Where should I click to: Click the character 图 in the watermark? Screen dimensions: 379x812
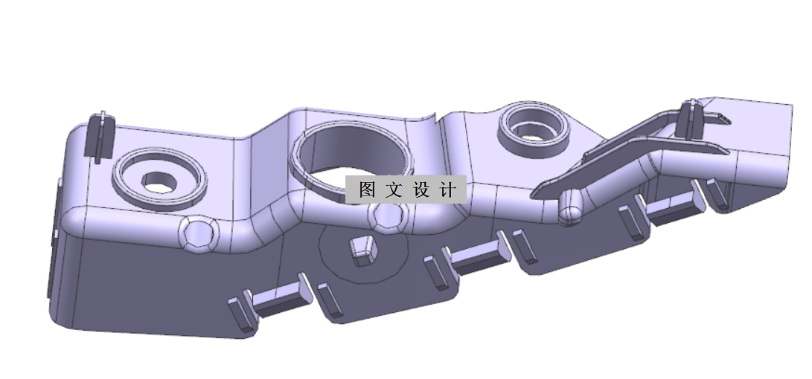[366, 189]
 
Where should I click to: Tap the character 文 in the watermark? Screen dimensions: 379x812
[394, 189]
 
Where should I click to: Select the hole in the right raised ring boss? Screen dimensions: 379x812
[533, 131]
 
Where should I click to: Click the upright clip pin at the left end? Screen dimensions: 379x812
[99, 135]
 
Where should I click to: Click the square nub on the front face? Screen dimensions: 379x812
[362, 251]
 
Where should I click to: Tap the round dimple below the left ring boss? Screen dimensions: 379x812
[199, 233]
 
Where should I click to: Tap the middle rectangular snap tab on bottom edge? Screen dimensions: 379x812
[476, 256]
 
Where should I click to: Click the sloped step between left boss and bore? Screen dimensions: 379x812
[257, 171]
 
